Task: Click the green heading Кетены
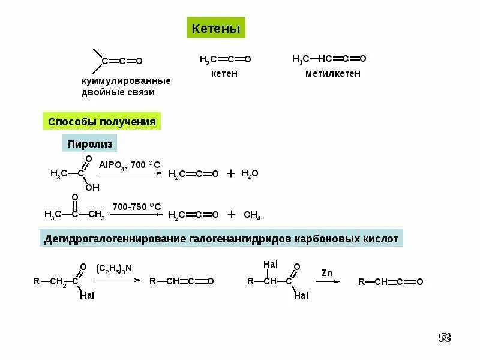point(215,28)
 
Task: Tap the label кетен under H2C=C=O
point(224,74)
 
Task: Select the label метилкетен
point(333,74)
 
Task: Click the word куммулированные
point(126,81)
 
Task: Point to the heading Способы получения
point(101,122)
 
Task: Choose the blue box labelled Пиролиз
point(90,145)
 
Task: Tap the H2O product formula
point(250,173)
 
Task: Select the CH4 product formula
point(252,215)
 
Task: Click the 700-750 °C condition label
point(136,206)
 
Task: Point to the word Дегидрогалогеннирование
point(106,239)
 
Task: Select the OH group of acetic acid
point(92,187)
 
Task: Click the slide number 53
point(445,338)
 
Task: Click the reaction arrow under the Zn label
point(328,281)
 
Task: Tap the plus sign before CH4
point(232,214)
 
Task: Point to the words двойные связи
point(118,93)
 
